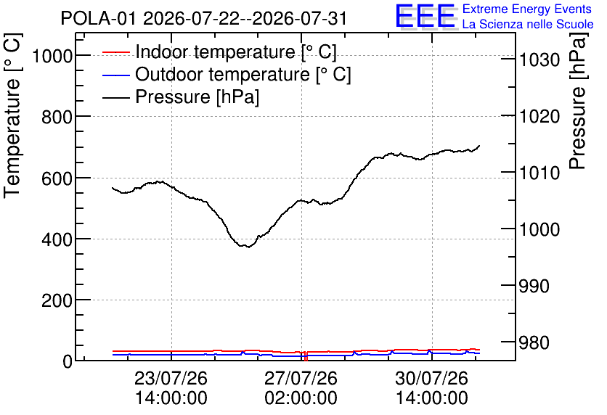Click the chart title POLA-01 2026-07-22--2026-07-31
click(203, 18)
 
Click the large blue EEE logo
click(425, 17)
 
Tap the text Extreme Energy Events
click(527, 9)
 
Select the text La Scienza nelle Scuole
click(528, 25)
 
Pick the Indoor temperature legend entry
click(219, 52)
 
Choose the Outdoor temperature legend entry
click(227, 74)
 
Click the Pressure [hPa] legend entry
click(181, 96)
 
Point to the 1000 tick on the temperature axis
click(52, 57)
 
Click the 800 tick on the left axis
click(57, 117)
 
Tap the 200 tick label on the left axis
click(57, 300)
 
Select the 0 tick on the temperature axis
click(68, 362)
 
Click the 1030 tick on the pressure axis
click(539, 60)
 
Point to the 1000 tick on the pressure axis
click(539, 229)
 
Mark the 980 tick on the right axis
click(534, 342)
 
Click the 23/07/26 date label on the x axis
click(171, 378)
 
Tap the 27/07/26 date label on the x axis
click(301, 378)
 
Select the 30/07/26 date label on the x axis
click(431, 378)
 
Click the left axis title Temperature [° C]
click(12, 116)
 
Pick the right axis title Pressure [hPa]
click(578, 101)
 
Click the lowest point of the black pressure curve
click(248, 247)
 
